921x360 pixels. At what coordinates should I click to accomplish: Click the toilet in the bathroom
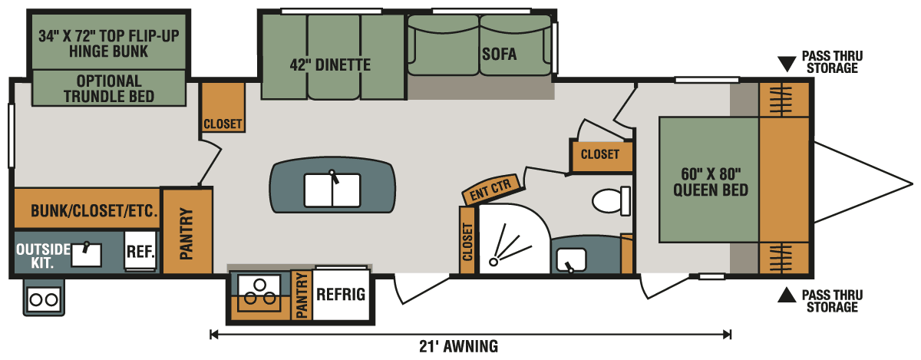611,201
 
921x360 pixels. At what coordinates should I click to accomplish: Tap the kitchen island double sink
332,190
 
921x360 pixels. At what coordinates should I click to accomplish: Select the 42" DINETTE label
330,65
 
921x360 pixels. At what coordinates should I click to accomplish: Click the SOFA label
499,54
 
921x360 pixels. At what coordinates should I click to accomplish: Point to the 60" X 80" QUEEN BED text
711,182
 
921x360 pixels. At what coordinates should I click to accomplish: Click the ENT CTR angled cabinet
493,189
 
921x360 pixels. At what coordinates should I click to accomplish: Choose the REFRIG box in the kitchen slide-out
341,294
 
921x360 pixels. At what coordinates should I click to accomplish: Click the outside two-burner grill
44,299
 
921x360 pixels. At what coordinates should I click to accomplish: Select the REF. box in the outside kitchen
140,251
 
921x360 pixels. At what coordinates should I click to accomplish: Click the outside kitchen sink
86,254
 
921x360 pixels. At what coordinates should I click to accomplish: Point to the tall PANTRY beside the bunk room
187,231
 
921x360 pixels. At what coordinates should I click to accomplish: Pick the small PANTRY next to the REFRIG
302,295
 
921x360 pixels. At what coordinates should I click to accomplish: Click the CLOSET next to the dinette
223,107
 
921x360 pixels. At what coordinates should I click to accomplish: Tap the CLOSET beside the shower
467,240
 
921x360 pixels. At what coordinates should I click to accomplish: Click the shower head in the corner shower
494,261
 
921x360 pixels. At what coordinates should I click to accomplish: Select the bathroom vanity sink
571,260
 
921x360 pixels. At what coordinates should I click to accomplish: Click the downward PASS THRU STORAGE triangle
787,64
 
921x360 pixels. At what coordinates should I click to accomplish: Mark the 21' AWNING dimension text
458,346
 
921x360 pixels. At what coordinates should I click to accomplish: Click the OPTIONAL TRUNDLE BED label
109,88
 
